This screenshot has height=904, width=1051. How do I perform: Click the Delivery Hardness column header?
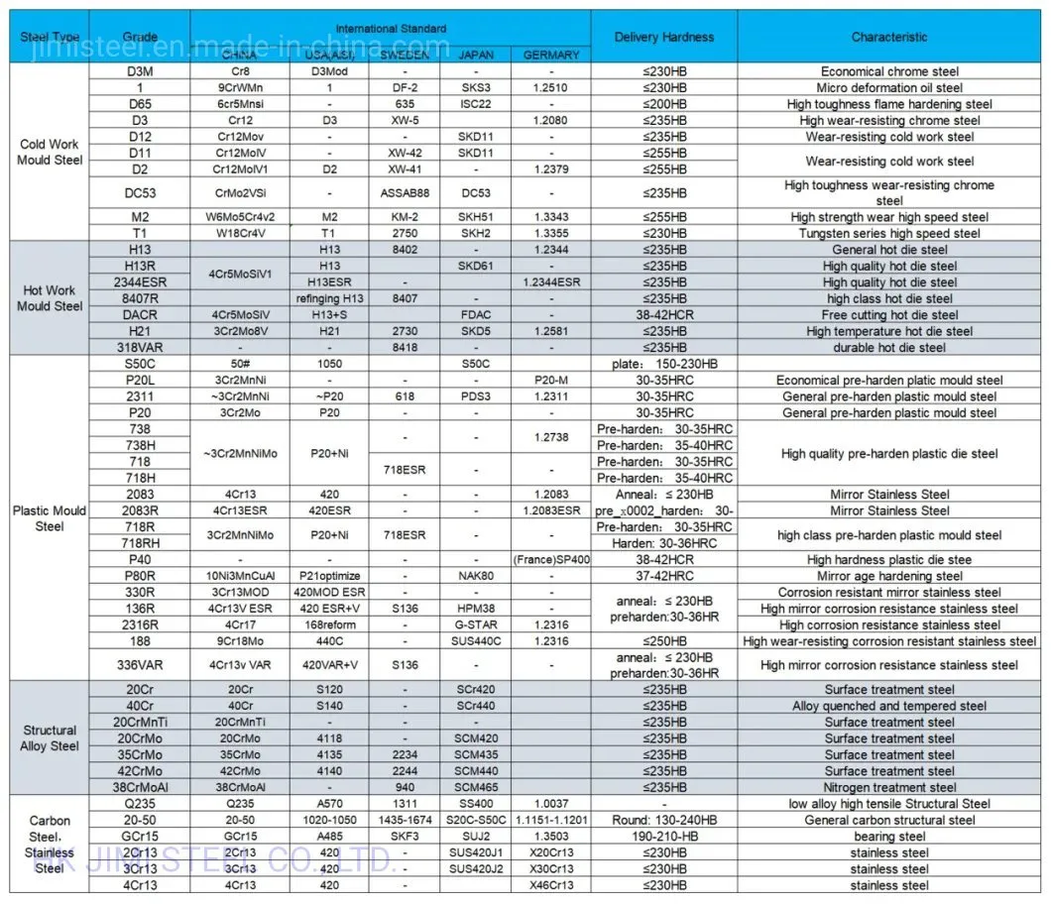[x=663, y=38]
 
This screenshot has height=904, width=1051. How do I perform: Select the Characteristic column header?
[x=889, y=38]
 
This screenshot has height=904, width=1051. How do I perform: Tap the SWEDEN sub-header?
[x=404, y=56]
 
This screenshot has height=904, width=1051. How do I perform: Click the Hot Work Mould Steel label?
[x=49, y=298]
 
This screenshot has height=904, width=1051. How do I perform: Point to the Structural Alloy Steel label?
[x=50, y=738]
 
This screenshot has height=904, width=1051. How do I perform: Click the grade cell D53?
[x=140, y=193]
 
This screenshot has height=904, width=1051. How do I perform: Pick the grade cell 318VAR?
[x=140, y=348]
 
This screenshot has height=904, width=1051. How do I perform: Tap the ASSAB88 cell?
[x=404, y=193]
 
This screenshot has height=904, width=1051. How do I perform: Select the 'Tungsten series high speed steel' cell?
[x=889, y=234]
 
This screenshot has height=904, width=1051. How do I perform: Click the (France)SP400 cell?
[x=551, y=560]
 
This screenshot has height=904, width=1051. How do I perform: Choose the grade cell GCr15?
[x=140, y=837]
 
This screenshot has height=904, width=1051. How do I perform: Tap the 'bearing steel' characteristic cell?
[x=889, y=837]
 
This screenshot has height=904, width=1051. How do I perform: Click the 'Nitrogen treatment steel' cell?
[x=889, y=788]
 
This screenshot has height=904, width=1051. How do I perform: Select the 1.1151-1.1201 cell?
[x=551, y=821]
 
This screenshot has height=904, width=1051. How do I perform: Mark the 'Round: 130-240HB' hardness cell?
[x=663, y=821]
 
